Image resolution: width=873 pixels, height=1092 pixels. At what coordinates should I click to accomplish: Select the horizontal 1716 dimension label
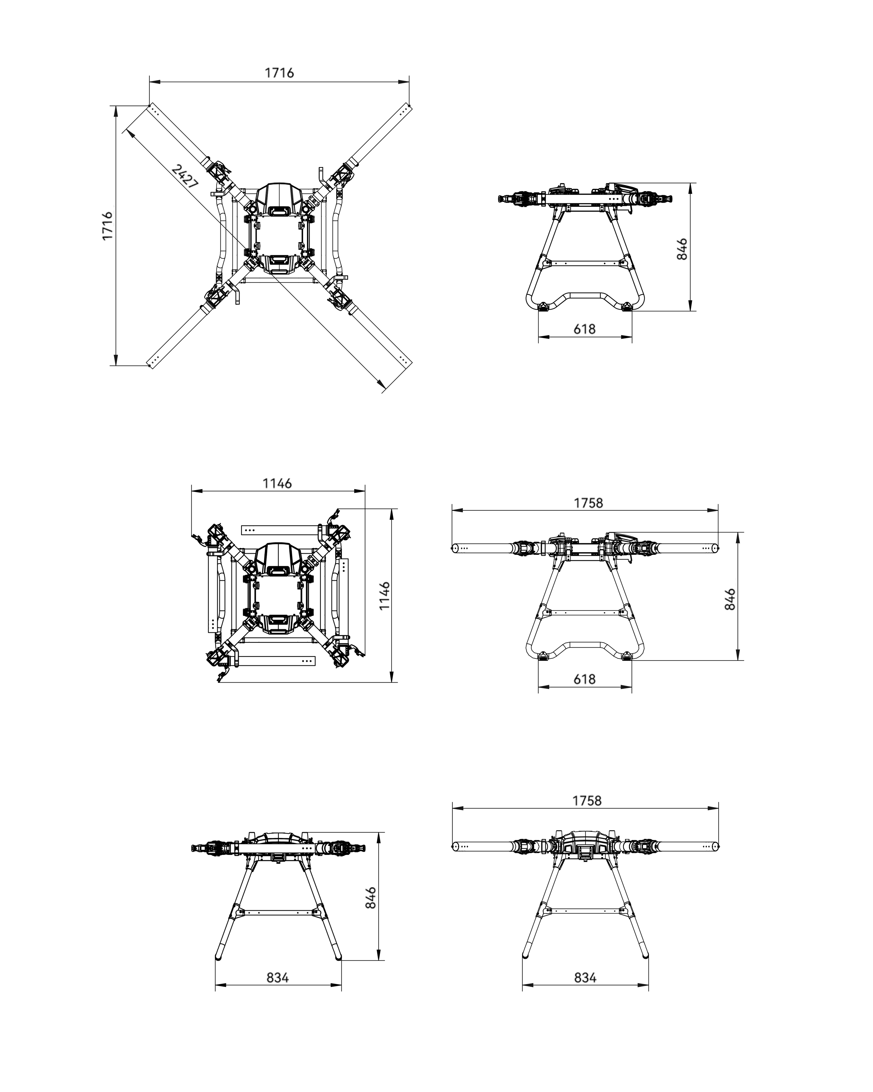coord(279,73)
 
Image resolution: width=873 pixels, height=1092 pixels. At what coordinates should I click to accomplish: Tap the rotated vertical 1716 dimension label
coord(107,226)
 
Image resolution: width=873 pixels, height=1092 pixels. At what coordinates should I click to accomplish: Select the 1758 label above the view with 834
coord(587,801)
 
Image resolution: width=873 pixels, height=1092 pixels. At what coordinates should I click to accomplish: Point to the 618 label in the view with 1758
coord(584,679)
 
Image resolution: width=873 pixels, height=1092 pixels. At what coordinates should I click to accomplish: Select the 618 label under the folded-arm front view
coord(584,329)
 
